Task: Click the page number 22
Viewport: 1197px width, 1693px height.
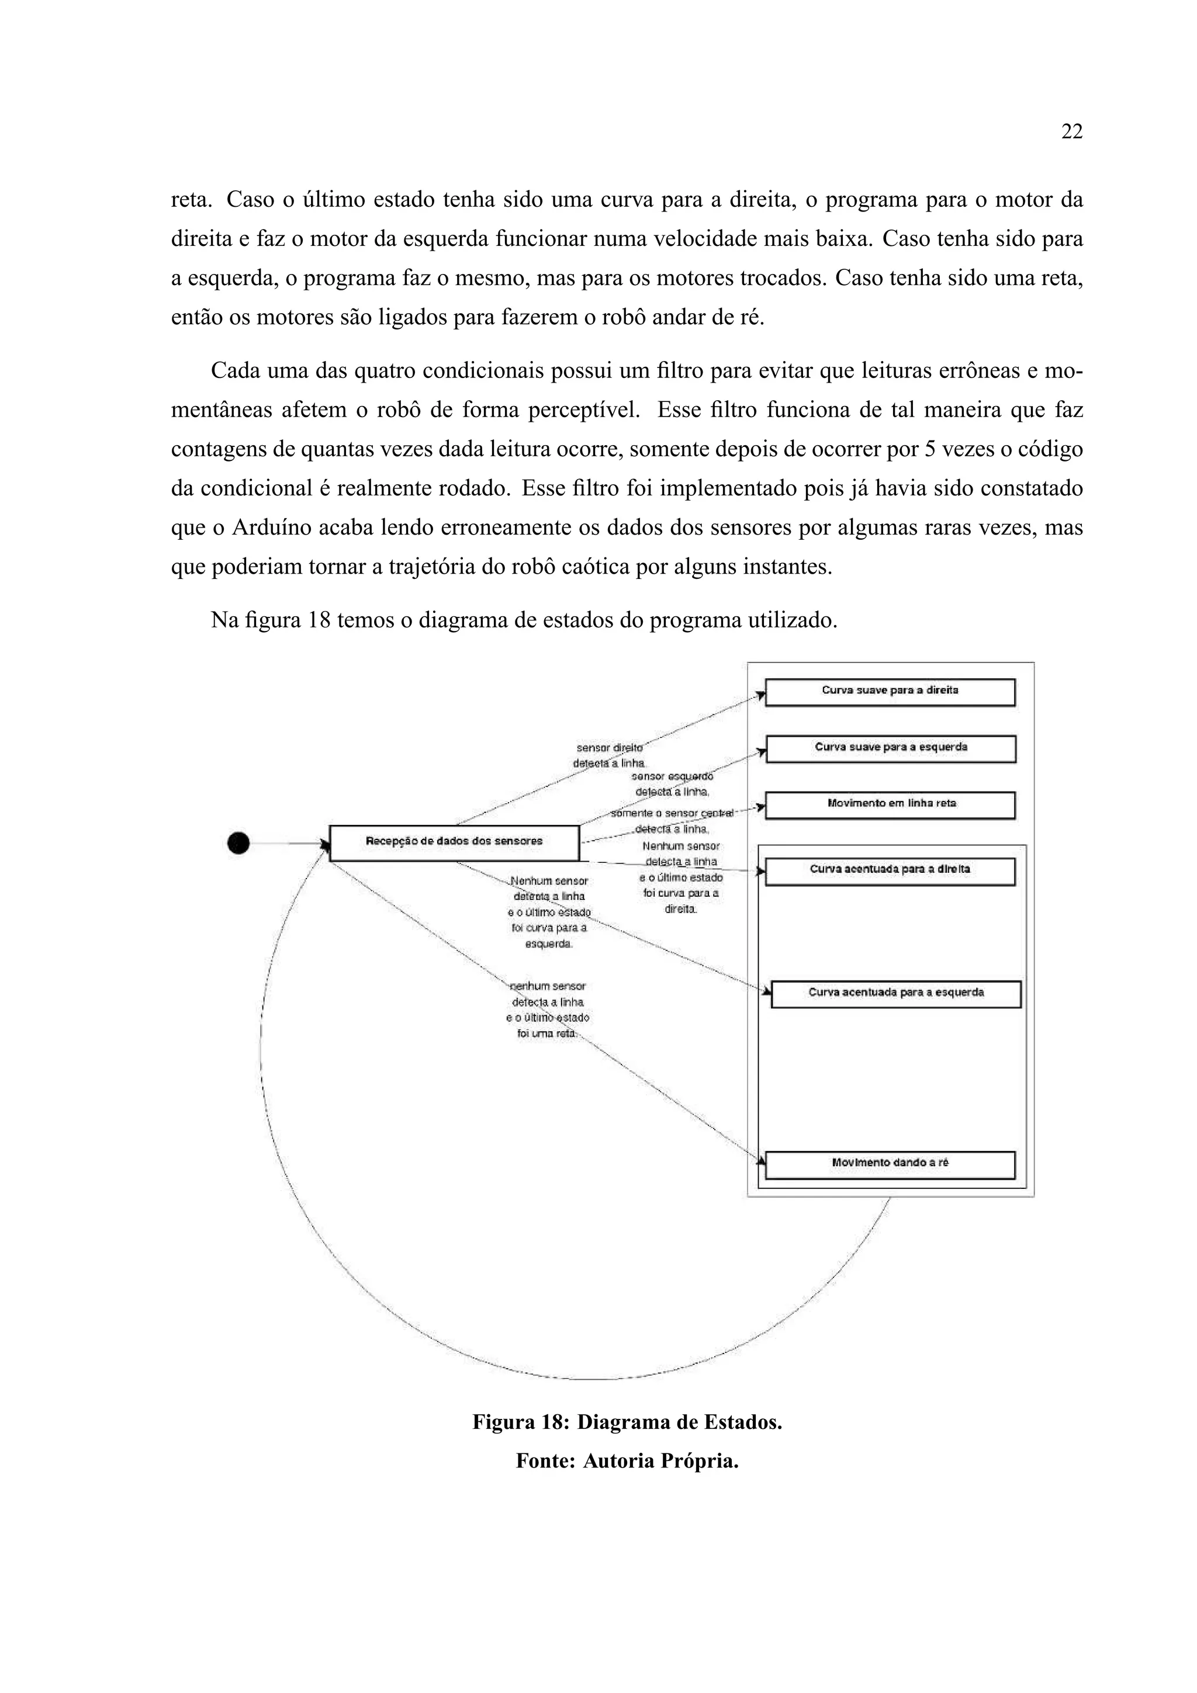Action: (1071, 132)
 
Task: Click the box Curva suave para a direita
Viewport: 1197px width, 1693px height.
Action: (890, 692)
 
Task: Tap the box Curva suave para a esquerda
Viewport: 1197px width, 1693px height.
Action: (890, 748)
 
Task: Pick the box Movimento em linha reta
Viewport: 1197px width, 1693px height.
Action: (890, 804)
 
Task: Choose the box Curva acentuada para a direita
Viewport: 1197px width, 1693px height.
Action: (890, 871)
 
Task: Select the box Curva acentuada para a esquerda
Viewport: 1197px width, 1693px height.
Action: (895, 993)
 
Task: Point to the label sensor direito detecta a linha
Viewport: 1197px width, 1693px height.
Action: (609, 755)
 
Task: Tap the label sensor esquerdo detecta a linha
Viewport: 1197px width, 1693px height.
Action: (672, 784)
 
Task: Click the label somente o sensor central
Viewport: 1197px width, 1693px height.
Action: (672, 813)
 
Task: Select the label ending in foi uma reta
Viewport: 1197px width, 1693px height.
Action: (547, 1010)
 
